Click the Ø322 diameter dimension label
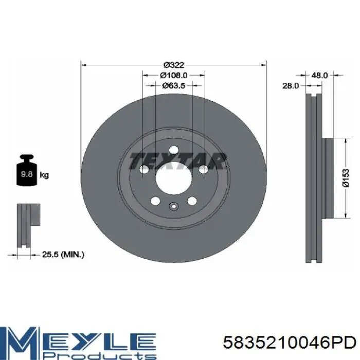point(174,65)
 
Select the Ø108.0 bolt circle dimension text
point(174,75)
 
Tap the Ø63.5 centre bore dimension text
point(174,86)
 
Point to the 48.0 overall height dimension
point(319,75)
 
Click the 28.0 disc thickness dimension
point(291,86)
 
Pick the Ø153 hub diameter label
point(346,178)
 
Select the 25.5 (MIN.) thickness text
point(63,255)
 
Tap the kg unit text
point(44,175)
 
